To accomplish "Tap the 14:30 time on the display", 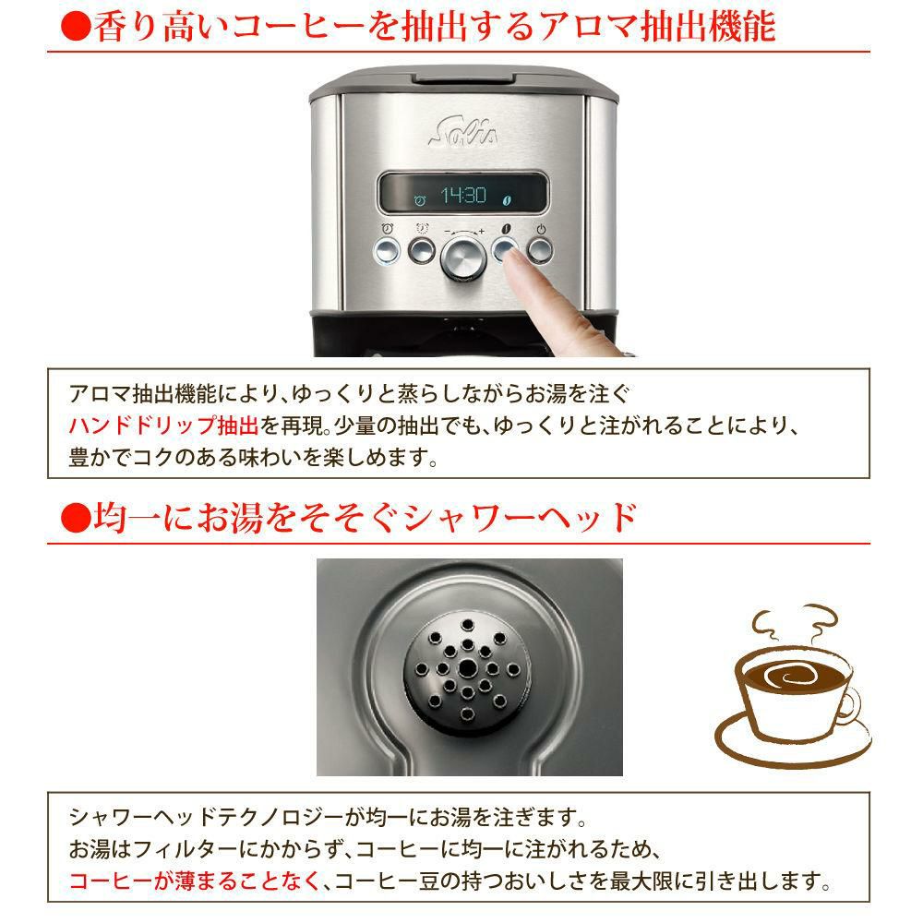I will tap(461, 197).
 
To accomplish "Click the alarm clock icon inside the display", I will tap(420, 198).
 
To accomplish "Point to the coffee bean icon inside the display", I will tap(505, 198).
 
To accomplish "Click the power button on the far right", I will tap(540, 249).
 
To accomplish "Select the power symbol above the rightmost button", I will tap(541, 229).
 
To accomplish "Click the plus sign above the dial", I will tap(481, 230).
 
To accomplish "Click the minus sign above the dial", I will tap(446, 230).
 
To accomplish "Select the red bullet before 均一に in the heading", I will tap(72, 517).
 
